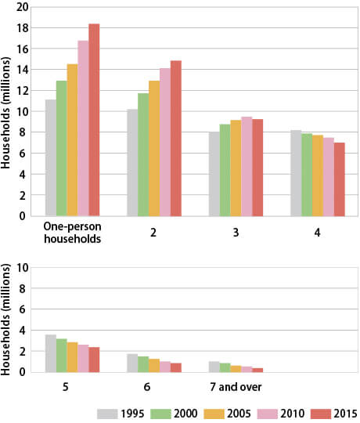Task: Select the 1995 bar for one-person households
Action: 50,157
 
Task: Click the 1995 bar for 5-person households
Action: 50,353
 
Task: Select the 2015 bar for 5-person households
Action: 94,360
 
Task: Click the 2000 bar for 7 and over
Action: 225,367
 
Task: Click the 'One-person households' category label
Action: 72,233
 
